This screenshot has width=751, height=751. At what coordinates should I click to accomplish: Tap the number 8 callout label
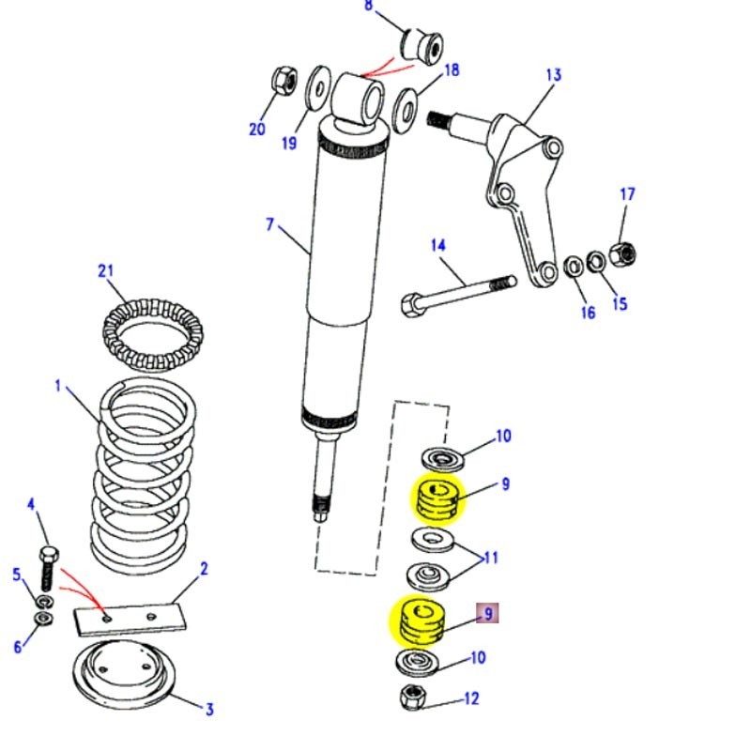pyautogui.click(x=368, y=7)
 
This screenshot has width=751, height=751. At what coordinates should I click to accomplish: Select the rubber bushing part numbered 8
pyautogui.click(x=422, y=43)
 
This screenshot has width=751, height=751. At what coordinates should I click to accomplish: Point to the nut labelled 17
pyautogui.click(x=621, y=253)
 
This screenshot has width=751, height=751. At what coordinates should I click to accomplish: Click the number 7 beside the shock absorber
pyautogui.click(x=269, y=224)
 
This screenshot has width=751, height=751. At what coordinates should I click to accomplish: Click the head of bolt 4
pyautogui.click(x=48, y=551)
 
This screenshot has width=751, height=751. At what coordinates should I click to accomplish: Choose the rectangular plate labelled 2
pyautogui.click(x=132, y=617)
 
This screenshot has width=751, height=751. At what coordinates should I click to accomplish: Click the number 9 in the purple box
pyautogui.click(x=486, y=614)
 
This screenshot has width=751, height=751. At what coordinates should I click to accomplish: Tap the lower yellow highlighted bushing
pyautogui.click(x=416, y=621)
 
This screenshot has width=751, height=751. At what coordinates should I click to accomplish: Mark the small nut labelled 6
pyautogui.click(x=43, y=619)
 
